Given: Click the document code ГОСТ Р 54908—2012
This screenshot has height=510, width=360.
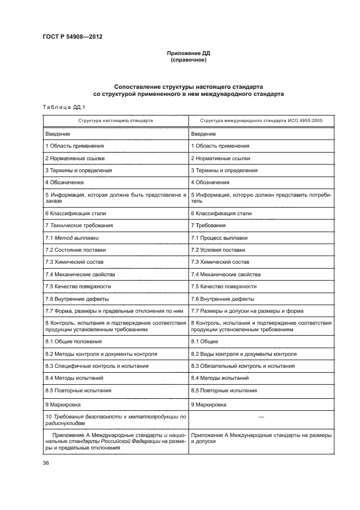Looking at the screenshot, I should [x=72, y=37].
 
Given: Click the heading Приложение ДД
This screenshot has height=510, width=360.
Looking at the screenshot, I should [x=187, y=53].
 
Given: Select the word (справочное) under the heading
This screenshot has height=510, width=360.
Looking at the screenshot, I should [x=187, y=60].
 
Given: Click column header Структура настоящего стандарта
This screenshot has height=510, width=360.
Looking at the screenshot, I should [x=115, y=120].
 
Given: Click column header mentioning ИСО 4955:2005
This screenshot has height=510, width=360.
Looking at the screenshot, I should [x=260, y=120].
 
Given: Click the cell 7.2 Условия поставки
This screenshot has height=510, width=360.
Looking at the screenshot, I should [x=218, y=250].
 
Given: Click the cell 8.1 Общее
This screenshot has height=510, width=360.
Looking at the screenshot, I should [x=205, y=341].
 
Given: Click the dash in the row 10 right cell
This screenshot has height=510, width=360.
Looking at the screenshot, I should [x=261, y=418].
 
